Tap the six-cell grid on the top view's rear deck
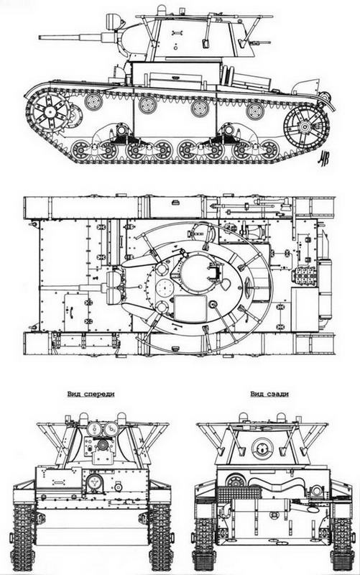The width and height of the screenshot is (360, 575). coord(305,276)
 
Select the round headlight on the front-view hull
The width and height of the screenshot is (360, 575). coord(91,482)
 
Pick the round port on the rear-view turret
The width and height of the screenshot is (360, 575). coord(259,450)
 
